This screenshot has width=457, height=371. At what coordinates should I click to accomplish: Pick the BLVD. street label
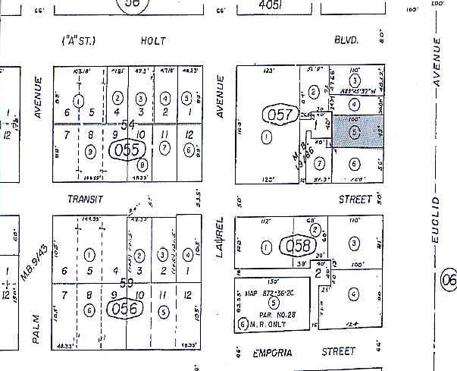[x=345, y=40]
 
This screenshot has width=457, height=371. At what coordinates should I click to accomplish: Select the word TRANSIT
[x=85, y=199]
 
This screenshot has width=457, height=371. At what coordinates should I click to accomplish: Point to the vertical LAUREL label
[x=221, y=236]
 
